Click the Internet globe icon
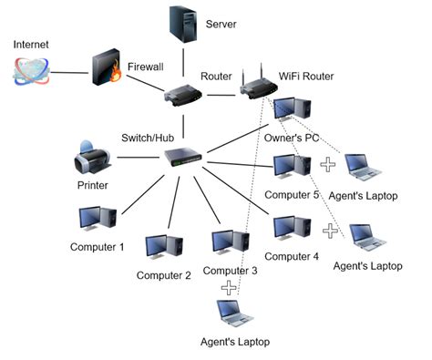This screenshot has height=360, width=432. pyautogui.click(x=30, y=72)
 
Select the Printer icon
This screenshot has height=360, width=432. pyautogui.click(x=92, y=158)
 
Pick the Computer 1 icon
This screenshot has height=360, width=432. pyautogui.click(x=97, y=218)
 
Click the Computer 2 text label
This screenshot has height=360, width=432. pyautogui.click(x=163, y=275)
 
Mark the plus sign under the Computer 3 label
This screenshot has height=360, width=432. pyautogui.click(x=229, y=287)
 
